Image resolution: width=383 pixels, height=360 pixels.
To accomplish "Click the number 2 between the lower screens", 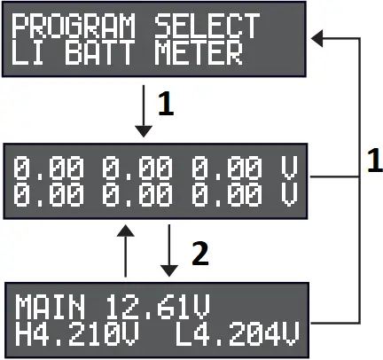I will (x=200, y=256).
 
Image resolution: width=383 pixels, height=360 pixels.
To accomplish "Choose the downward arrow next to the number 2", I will (x=168, y=252).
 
